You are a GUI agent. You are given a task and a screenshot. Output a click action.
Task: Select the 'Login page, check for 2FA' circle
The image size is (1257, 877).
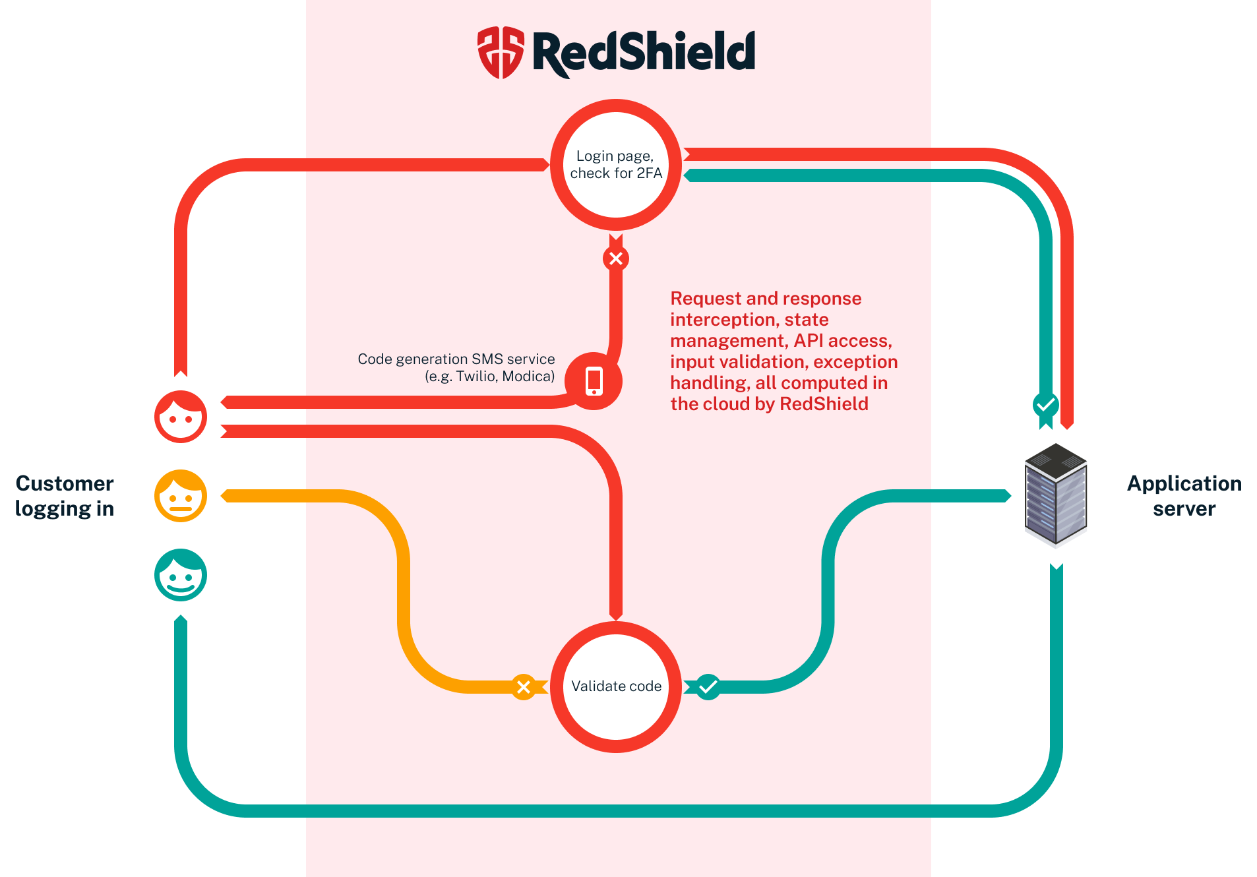pyautogui.click(x=615, y=165)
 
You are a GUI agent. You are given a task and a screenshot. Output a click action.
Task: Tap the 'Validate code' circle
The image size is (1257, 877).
pyautogui.click(x=615, y=686)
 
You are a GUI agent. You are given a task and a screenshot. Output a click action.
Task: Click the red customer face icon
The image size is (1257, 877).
pyautogui.click(x=181, y=417)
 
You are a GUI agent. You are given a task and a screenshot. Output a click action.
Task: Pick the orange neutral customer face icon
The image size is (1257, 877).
pyautogui.click(x=181, y=496)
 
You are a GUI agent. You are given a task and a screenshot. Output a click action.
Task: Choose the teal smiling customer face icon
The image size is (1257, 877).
pyautogui.click(x=181, y=575)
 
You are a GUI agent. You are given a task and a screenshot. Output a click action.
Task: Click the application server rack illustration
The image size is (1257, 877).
pyautogui.click(x=1055, y=495)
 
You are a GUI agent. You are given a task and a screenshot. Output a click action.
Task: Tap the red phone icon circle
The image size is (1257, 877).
pyautogui.click(x=594, y=381)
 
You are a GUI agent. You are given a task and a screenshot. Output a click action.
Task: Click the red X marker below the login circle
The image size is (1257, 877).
pyautogui.click(x=615, y=258)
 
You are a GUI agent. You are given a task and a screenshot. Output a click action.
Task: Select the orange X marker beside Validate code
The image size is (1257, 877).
pyautogui.click(x=524, y=687)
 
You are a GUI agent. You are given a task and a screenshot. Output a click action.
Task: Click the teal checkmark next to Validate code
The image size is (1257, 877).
pyautogui.click(x=708, y=687)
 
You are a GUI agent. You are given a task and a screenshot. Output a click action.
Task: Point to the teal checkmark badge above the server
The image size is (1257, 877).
pyautogui.click(x=1045, y=404)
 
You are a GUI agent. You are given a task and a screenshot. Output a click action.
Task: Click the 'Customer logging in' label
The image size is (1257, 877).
pyautogui.click(x=65, y=496)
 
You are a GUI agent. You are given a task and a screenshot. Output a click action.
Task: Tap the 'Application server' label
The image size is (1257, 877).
pyautogui.click(x=1184, y=496)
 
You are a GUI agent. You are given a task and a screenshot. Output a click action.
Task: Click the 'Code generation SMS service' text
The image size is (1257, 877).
pyautogui.click(x=456, y=359)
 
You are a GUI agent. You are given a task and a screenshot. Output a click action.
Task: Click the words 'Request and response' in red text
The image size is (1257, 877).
pyautogui.click(x=765, y=299)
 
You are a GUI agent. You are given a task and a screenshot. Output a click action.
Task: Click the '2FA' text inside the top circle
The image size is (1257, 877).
pyautogui.click(x=649, y=173)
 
